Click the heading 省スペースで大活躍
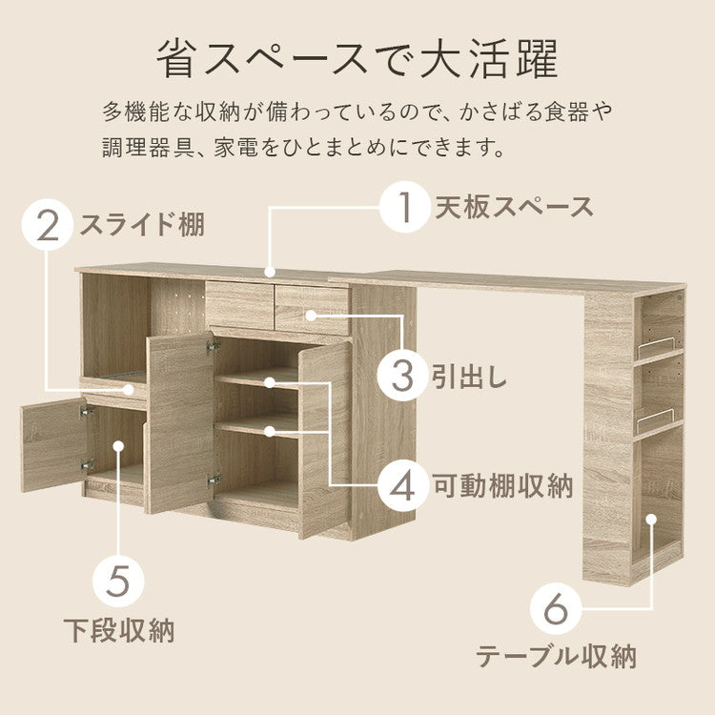click(x=357, y=59)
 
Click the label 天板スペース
click(x=515, y=207)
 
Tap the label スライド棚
click(x=141, y=226)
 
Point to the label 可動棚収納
click(x=504, y=487)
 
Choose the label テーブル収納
click(x=556, y=657)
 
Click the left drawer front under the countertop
click(x=239, y=303)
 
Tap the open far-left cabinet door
click(x=52, y=444)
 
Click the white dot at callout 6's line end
click(x=652, y=520)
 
